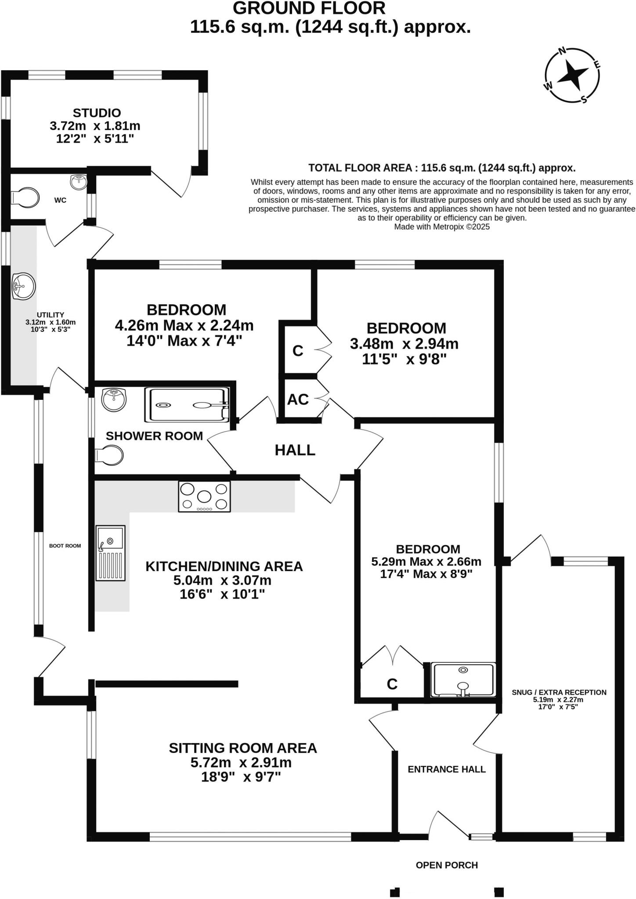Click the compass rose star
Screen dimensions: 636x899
(572, 75)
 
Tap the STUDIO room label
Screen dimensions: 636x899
(97, 113)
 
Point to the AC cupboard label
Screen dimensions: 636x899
(298, 399)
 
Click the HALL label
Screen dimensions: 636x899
(295, 450)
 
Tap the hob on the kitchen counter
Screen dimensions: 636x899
(204, 496)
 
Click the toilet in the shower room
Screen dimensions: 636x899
(110, 456)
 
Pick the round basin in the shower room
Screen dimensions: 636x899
(114, 400)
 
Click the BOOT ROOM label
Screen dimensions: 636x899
(65, 546)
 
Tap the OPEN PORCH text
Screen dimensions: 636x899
(447, 865)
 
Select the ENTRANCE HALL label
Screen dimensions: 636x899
(447, 769)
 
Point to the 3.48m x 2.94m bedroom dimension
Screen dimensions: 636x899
(404, 344)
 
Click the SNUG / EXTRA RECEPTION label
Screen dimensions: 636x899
(559, 692)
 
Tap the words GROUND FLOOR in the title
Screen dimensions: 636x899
(309, 8)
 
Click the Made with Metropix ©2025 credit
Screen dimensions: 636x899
(442, 227)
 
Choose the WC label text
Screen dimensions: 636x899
(60, 200)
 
